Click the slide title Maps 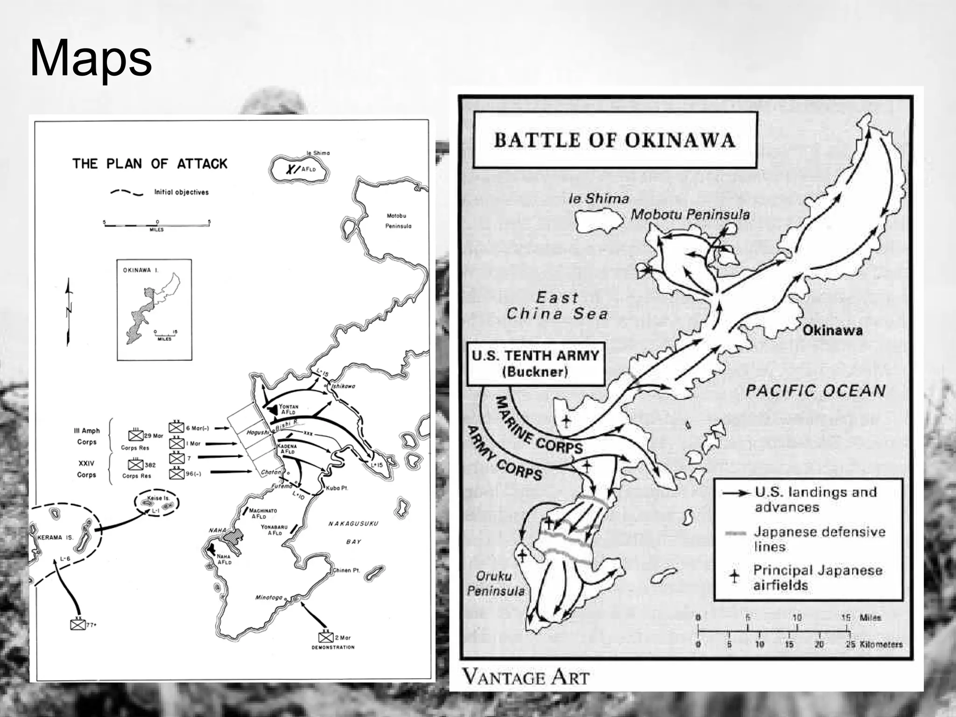point(91,59)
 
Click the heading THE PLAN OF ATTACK point(149,164)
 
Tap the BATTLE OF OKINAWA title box point(614,140)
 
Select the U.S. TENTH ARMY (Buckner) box point(535,364)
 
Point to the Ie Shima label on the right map point(598,199)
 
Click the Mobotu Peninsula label point(690,215)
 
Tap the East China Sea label point(557,306)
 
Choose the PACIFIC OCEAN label point(815,391)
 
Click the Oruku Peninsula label point(495,583)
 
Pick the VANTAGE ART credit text point(526,677)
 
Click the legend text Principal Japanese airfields point(817,578)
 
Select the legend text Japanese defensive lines point(819,539)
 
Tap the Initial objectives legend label point(181,192)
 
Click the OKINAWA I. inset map point(154,309)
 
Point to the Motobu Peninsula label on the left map point(397,221)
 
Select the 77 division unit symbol point(77,624)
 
